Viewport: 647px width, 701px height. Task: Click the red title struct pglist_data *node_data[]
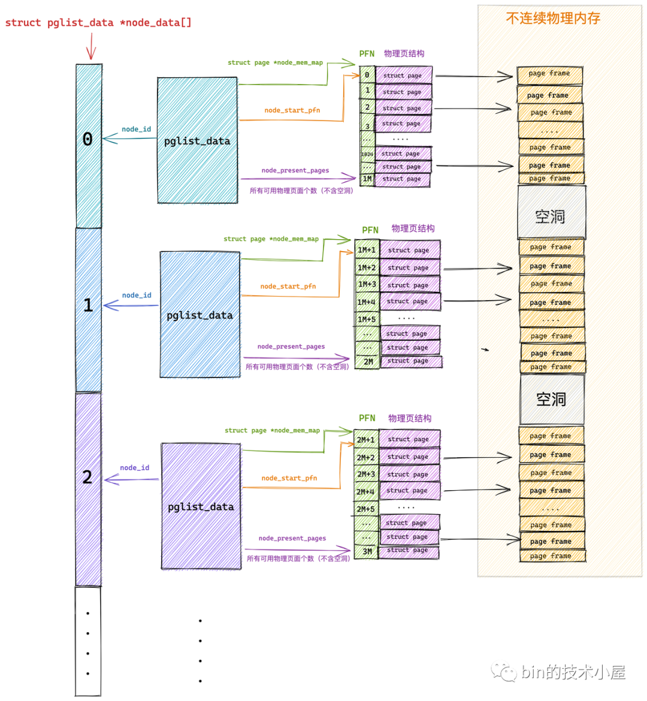point(98,23)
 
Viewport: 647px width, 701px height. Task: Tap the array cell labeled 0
point(88,146)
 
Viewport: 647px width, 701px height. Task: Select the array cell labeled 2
point(88,488)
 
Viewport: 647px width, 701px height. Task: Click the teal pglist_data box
point(197,140)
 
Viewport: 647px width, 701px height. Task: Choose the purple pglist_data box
point(201,506)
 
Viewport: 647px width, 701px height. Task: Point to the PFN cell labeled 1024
point(367,154)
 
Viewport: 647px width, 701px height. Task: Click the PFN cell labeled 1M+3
point(367,285)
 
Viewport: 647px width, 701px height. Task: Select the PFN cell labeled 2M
point(367,362)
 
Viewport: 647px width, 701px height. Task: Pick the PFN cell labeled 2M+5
point(365,509)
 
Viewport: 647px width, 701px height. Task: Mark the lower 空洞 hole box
point(551,399)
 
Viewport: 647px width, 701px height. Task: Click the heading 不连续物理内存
point(552,19)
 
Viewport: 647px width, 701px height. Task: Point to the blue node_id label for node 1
point(137,295)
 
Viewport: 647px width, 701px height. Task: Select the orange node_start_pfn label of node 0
point(292,110)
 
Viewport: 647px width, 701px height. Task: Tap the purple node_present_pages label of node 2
point(292,538)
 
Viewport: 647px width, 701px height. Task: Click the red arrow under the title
point(91,47)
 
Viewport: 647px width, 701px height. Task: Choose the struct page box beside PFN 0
point(403,75)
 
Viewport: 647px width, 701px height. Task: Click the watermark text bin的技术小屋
point(572,672)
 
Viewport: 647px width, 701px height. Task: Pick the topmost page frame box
point(549,74)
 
